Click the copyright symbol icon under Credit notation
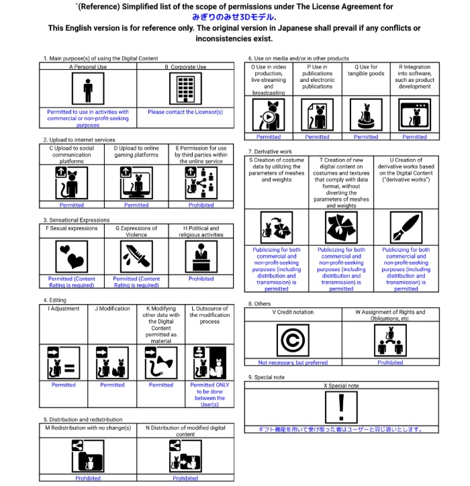[293, 340]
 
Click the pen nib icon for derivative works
[406, 229]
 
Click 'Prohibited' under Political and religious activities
[201, 279]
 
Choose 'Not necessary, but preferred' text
[293, 362]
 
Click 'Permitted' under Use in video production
[269, 137]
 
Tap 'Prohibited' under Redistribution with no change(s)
[88, 478]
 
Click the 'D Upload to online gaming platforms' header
[136, 151]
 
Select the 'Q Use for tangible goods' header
[366, 70]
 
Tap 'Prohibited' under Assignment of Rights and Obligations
[390, 362]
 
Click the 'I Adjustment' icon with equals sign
[64, 363]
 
